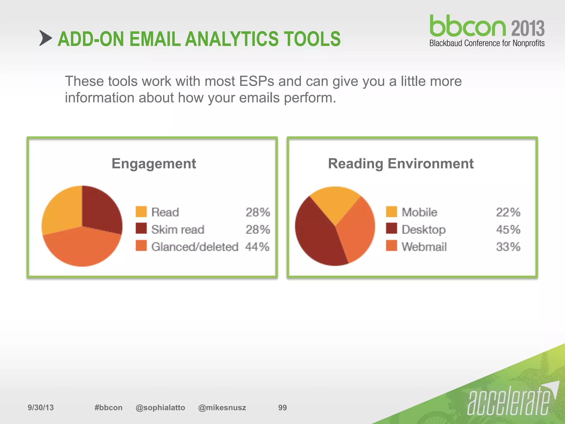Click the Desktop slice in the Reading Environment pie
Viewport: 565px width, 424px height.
317,235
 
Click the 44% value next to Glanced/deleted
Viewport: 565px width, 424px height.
257,247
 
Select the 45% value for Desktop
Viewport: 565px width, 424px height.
508,229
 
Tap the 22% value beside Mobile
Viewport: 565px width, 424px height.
508,212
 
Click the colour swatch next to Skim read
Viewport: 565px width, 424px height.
141,229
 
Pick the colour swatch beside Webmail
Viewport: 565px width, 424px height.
391,246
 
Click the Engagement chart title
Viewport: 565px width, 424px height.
154,163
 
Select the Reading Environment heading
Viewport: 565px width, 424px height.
401,163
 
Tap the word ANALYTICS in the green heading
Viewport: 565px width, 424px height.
232,39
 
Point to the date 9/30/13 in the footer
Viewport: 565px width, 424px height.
41,407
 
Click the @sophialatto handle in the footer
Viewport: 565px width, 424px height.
160,407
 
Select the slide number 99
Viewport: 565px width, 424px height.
282,407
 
